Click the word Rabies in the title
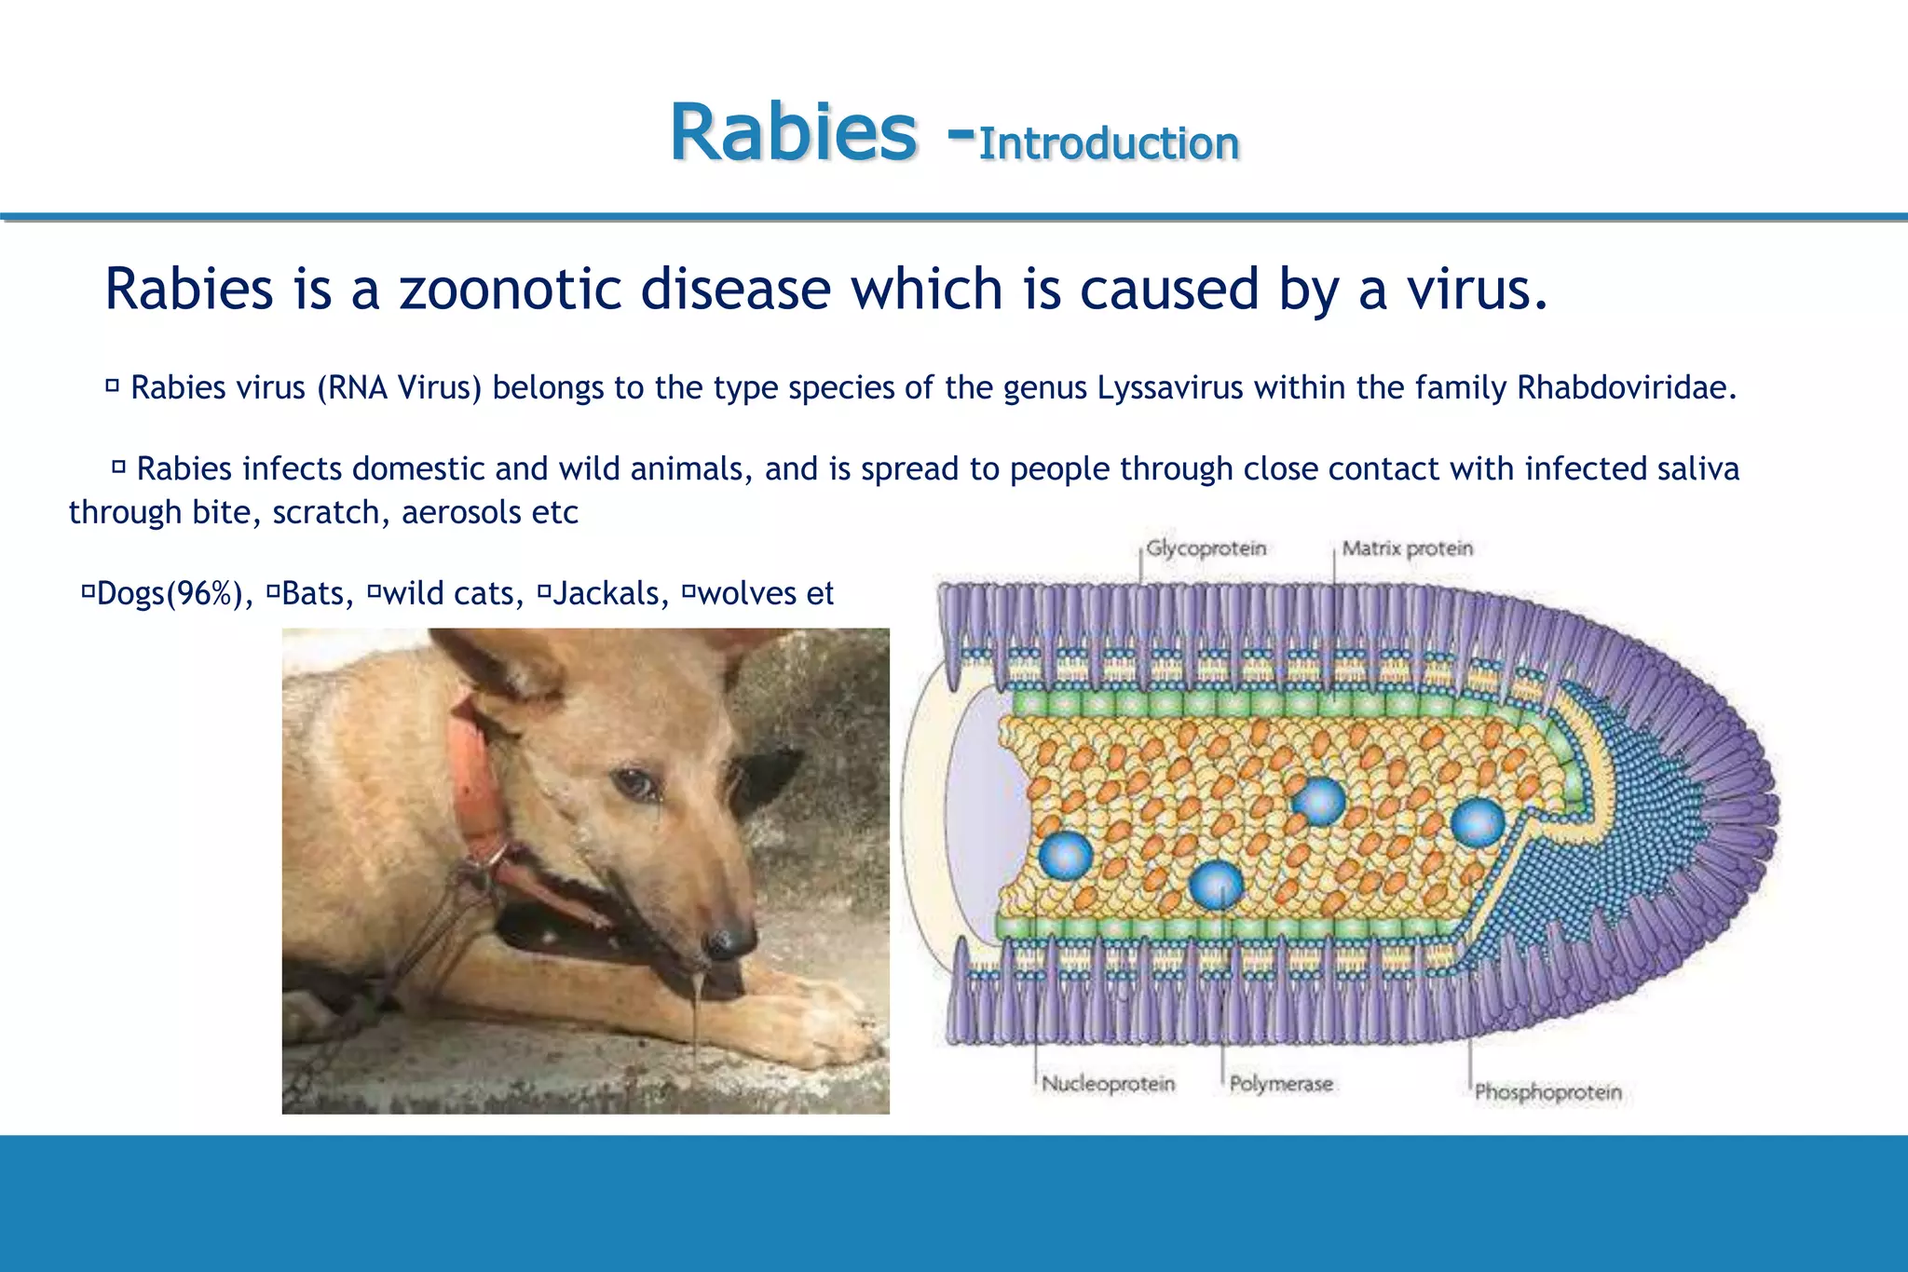[793, 133]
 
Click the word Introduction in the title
[1109, 144]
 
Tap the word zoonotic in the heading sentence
[510, 289]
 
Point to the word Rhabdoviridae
[1626, 387]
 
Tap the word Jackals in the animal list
[610, 593]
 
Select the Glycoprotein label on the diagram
[1206, 548]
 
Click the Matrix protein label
[1407, 548]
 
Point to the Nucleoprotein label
[1108, 1084]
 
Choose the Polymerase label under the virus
[1281, 1084]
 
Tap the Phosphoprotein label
[1547, 1092]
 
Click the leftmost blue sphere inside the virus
[1065, 855]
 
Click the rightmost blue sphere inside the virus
[1478, 822]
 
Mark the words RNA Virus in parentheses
[399, 387]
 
